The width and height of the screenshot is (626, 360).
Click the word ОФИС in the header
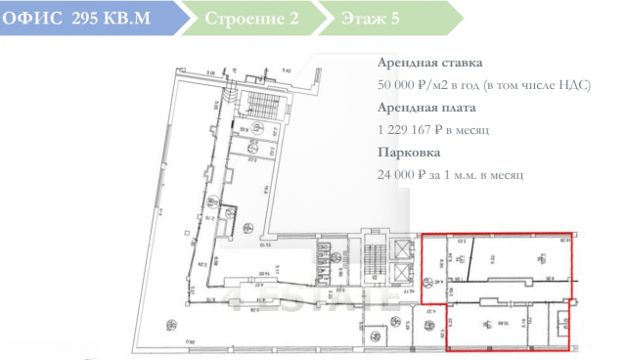click(33, 19)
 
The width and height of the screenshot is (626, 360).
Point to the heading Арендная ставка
click(428, 64)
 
